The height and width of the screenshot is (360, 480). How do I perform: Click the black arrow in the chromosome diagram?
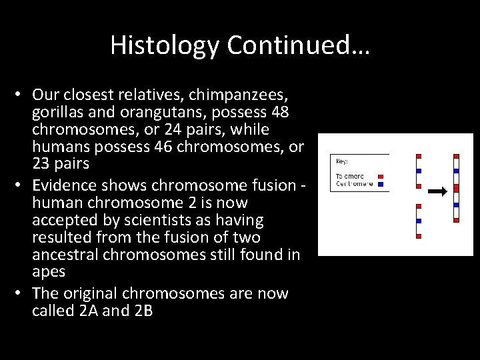click(x=437, y=191)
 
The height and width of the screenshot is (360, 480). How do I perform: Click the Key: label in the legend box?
click(x=341, y=161)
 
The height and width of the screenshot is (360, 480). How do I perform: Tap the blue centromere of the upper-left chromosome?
click(x=418, y=171)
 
